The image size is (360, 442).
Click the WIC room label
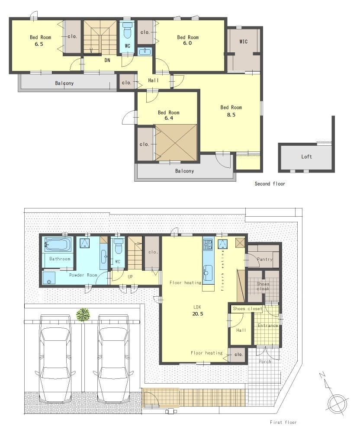tap(244, 42)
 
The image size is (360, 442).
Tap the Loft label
tap(306, 157)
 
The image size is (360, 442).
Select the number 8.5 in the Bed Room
tap(231, 115)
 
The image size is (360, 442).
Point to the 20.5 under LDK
tap(198, 314)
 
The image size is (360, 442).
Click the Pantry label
tap(265, 259)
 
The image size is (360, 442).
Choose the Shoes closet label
tap(247, 309)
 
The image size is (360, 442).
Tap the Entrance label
tap(268, 326)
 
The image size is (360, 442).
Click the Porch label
tap(265, 362)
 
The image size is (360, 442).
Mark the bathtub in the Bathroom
tap(58, 244)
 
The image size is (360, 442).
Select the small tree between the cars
tap(83, 315)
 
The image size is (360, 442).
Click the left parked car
tap(55, 358)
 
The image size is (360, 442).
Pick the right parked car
tap(114, 358)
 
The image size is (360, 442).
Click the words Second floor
tap(270, 184)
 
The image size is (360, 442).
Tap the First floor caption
tap(283, 422)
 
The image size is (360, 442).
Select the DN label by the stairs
tap(107, 60)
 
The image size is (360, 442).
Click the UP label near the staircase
tap(130, 276)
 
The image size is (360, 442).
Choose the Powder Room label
tap(83, 275)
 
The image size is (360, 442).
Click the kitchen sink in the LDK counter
tap(208, 272)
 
